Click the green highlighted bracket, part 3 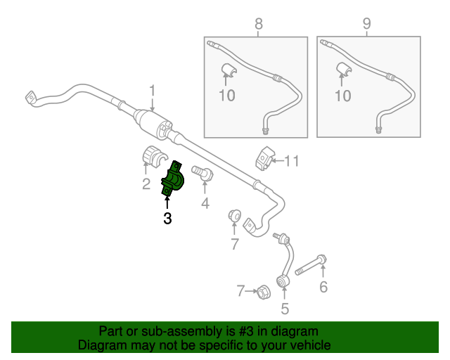(172, 179)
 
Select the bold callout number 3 (167, 219)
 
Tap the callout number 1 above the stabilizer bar (152, 91)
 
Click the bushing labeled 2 (155, 156)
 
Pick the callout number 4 (205, 203)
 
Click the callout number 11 (292, 161)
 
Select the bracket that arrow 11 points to (264, 158)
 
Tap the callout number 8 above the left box (258, 24)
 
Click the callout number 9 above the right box (367, 23)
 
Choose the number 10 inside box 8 (227, 96)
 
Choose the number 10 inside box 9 (343, 96)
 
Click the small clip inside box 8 (229, 70)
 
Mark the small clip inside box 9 (344, 70)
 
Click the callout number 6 (323, 287)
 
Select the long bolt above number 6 (311, 265)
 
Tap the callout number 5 (284, 309)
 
